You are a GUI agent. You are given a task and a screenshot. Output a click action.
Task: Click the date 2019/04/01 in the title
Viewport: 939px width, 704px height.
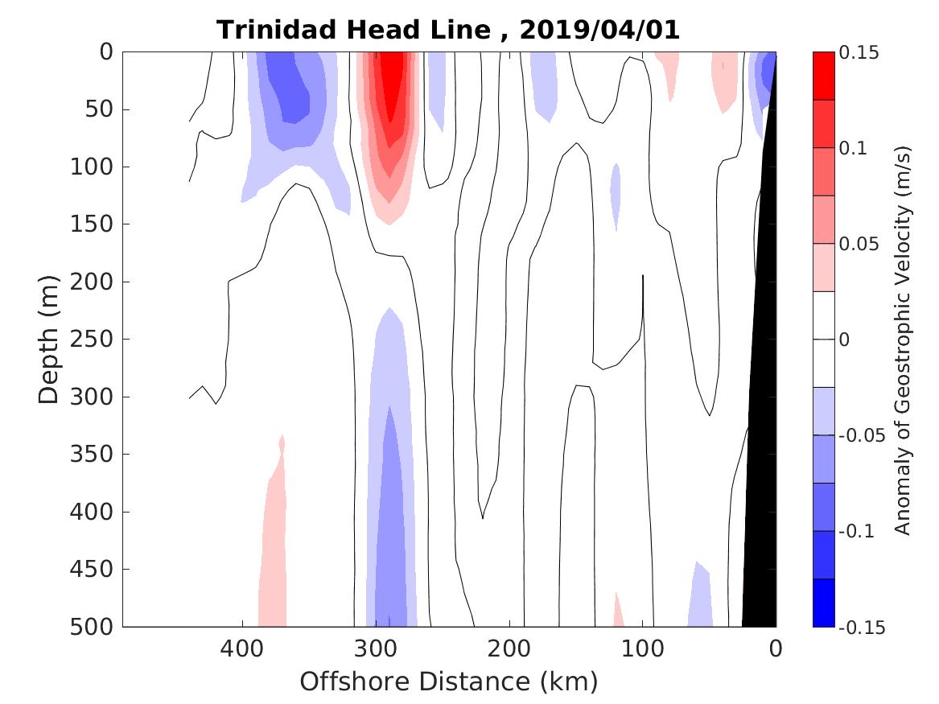(599, 31)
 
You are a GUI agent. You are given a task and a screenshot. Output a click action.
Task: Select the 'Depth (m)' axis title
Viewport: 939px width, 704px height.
(49, 340)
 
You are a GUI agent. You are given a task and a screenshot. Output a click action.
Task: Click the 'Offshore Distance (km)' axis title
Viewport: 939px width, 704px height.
(449, 682)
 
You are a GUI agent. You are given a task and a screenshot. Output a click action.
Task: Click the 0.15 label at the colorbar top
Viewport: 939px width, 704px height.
(859, 53)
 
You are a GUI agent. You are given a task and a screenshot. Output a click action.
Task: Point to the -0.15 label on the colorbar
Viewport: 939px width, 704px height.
(862, 628)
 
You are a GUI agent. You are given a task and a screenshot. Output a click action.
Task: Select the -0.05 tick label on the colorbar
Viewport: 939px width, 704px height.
(862, 436)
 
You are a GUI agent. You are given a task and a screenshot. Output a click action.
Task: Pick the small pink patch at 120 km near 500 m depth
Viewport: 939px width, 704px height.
(618, 615)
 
